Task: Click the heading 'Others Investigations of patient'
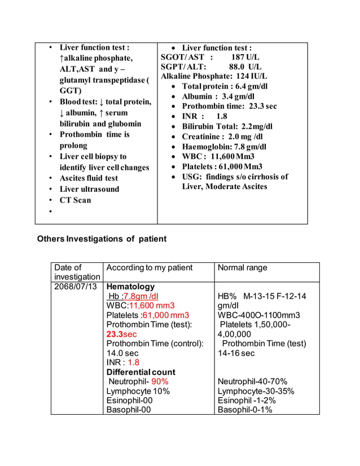[102, 239]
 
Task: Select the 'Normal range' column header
[243, 267]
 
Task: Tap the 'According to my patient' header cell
[150, 267]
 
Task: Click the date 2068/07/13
[76, 287]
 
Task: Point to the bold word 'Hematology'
[130, 287]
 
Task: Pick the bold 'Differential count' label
[141, 372]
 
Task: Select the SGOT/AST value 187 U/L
[245, 58]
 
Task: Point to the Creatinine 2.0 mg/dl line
[222, 137]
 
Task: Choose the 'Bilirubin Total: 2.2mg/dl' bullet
[227, 126]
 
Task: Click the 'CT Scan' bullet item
[75, 200]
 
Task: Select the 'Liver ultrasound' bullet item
[89, 189]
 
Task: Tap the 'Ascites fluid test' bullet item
[89, 178]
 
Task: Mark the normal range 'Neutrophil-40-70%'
[252, 382]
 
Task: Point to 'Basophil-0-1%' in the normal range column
[245, 410]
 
